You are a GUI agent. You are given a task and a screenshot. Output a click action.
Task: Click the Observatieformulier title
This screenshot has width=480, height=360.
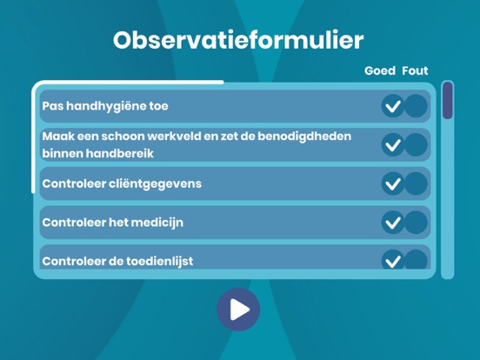238,40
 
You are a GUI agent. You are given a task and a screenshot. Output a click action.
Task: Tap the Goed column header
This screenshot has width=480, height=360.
379,70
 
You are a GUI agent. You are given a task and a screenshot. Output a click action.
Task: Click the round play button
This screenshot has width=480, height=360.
238,309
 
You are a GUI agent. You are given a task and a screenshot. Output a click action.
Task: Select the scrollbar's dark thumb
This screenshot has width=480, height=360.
447,100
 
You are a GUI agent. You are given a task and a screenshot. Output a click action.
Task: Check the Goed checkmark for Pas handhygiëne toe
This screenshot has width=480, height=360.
393,106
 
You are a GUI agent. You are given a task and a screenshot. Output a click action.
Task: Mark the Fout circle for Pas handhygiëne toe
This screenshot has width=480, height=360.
417,106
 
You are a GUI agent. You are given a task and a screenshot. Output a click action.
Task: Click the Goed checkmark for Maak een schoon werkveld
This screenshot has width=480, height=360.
393,144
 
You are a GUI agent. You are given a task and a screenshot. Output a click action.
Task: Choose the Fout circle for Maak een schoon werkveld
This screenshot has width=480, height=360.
417,144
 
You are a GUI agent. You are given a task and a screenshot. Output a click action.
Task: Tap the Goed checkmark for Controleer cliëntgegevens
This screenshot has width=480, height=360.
393,183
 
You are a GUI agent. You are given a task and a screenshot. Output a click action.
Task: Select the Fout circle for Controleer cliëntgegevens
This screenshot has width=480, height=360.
417,183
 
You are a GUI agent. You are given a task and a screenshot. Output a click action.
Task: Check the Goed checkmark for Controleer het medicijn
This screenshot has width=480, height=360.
393,222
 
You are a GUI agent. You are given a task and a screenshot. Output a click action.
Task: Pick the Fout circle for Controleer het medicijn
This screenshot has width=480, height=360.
417,222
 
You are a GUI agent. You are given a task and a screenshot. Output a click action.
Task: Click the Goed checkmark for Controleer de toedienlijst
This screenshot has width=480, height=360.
393,259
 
